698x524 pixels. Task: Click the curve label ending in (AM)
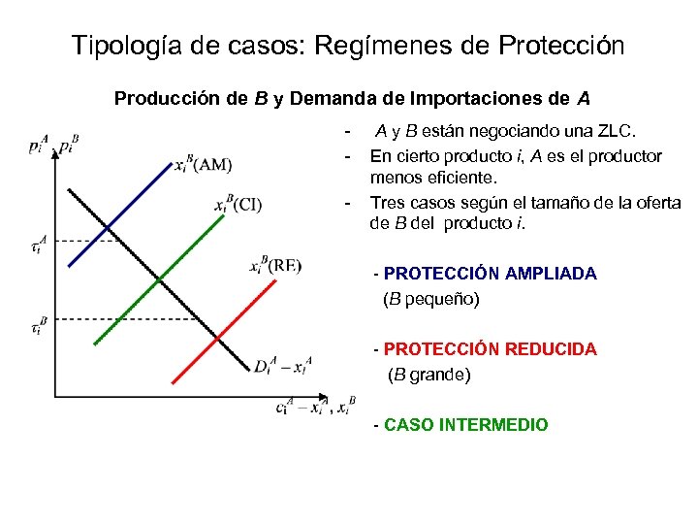point(203,164)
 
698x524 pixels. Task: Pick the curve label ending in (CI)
point(238,203)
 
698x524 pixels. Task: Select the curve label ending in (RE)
point(275,266)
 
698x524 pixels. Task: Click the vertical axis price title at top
point(53,147)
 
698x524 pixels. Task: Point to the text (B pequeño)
point(431,299)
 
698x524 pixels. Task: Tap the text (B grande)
point(429,374)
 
